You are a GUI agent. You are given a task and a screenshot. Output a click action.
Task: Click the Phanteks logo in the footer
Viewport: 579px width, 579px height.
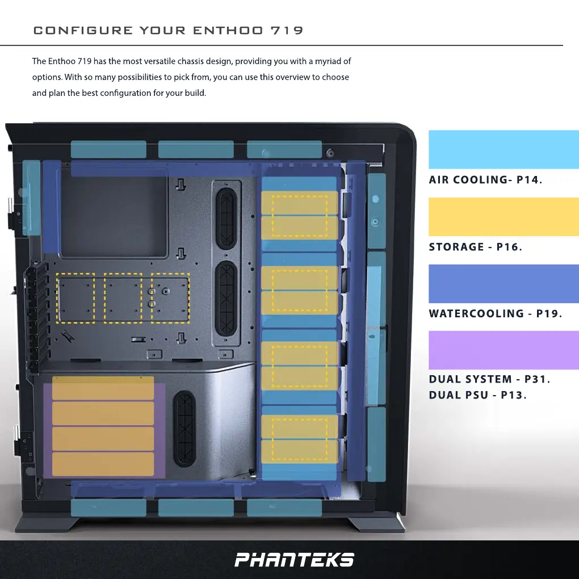click(295, 560)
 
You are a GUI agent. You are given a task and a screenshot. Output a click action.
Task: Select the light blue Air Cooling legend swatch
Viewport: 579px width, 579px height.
click(503, 149)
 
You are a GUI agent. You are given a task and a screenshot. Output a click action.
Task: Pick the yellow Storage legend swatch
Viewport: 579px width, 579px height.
click(503, 216)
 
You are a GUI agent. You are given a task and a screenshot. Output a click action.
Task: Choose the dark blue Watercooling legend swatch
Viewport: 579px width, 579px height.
click(503, 283)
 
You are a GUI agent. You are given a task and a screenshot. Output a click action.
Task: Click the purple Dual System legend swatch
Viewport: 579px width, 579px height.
click(503, 350)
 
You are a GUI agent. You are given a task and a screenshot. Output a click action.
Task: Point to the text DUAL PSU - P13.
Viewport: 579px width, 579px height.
click(477, 395)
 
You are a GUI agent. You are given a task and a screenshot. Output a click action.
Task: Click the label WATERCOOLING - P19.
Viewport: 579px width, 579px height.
click(495, 313)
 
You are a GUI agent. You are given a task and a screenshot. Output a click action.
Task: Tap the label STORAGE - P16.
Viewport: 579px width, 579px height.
click(475, 247)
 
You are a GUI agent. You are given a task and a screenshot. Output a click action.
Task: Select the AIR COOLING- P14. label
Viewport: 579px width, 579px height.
click(485, 180)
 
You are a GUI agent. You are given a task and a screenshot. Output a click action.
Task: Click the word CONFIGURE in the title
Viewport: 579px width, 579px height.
click(83, 31)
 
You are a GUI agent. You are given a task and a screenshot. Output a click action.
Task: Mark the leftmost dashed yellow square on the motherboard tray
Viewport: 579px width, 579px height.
click(76, 298)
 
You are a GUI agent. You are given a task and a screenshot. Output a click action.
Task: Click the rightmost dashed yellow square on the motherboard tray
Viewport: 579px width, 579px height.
click(170, 298)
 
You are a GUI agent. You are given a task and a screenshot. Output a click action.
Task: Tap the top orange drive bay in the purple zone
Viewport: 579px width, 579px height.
click(103, 388)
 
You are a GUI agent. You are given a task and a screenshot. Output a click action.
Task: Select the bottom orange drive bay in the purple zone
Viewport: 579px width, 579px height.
click(103, 464)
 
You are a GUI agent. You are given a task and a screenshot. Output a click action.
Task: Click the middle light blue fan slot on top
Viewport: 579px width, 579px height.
click(195, 149)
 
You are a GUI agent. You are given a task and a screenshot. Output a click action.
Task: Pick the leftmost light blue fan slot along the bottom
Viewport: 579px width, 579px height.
click(108, 507)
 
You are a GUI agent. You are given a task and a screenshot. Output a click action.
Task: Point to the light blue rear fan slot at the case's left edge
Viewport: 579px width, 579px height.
click(31, 198)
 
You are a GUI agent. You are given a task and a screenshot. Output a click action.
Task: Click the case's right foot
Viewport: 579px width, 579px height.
click(376, 524)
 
